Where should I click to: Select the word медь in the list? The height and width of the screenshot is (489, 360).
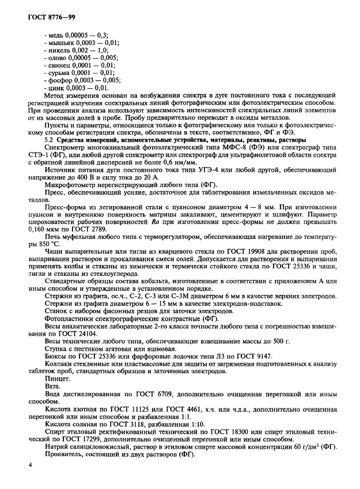(x=56, y=35)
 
